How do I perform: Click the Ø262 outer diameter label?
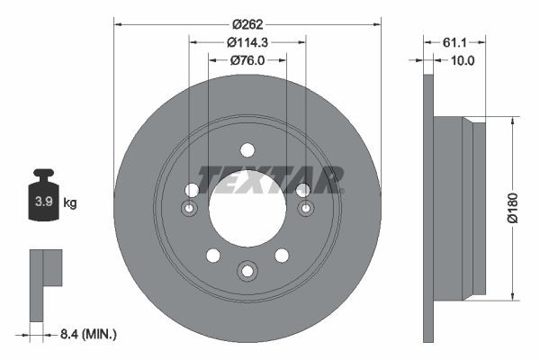point(247,24)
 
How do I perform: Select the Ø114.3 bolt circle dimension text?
point(247,42)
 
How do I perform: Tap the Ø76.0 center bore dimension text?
point(247,60)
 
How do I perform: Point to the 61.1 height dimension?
point(454,42)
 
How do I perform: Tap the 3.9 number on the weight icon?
point(42,202)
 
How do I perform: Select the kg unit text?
point(70,203)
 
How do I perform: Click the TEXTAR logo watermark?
point(270,179)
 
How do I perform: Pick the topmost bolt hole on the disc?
point(247,152)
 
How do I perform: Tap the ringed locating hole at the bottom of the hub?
point(247,269)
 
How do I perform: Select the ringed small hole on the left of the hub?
point(190,209)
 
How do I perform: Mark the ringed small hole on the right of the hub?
point(304,209)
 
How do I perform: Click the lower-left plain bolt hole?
point(212,255)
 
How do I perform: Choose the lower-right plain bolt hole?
point(281,255)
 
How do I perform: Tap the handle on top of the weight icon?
point(42,174)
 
